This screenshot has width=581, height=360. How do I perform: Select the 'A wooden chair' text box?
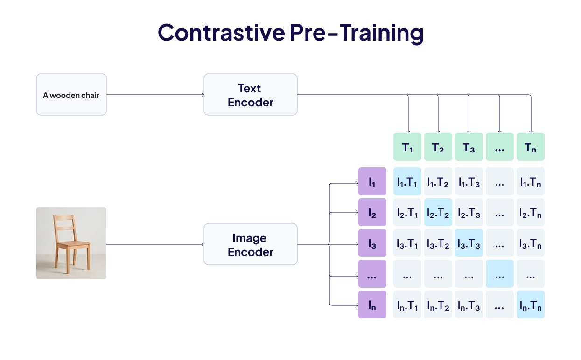point(71,95)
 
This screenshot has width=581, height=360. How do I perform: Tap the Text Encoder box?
point(250,95)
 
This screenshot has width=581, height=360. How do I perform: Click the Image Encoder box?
point(250,244)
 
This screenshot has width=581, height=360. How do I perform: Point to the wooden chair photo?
point(71,243)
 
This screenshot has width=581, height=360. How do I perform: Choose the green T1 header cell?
point(407,147)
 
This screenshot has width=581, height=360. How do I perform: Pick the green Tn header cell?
point(531,147)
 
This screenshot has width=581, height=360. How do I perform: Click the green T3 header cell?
point(469,147)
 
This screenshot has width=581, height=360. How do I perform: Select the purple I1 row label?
point(372,181)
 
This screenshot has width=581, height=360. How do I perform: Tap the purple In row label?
point(372,305)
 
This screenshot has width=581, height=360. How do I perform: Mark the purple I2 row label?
point(372,212)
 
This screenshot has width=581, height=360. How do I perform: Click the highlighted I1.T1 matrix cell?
point(407,181)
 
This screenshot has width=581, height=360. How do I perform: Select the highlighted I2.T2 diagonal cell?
point(438,212)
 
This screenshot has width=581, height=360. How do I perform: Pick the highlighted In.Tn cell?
point(531,305)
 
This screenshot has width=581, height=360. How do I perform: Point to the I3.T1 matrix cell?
point(407,243)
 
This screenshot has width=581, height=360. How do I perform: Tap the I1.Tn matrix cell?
point(531,181)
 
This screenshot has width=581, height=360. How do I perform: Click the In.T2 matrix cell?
point(438,305)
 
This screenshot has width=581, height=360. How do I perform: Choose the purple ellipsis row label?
point(372,274)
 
